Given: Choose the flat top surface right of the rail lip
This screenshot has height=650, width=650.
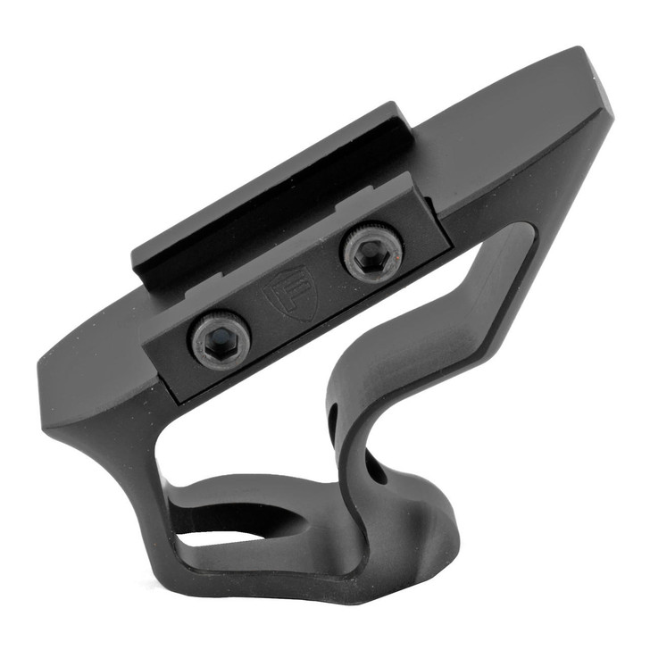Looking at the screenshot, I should click(500, 125).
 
